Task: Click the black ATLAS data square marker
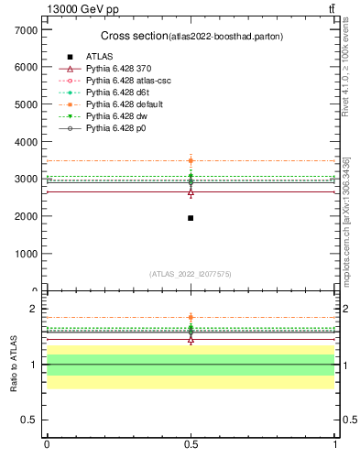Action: coord(191,218)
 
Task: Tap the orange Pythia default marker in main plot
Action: coord(191,160)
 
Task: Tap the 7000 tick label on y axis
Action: coord(25,30)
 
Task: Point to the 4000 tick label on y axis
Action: coord(25,142)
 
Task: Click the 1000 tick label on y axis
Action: coord(25,254)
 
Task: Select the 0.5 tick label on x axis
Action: coord(191,444)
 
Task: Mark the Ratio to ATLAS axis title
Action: coord(14,365)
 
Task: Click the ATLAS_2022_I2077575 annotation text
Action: coord(191,274)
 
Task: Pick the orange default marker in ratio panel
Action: coord(191,318)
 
